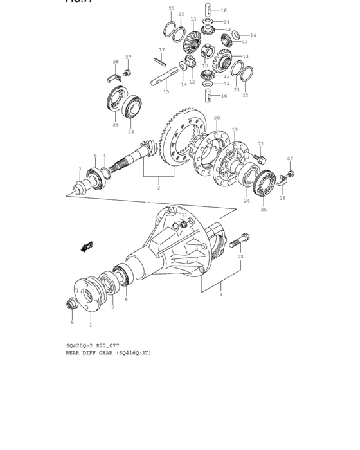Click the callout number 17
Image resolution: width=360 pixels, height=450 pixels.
pos(162,50)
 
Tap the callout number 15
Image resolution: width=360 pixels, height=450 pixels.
pos(166,92)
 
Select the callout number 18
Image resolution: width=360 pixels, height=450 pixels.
pos(205,66)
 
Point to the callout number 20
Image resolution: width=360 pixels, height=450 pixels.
pos(217,118)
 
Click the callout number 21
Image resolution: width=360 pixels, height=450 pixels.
pos(261,144)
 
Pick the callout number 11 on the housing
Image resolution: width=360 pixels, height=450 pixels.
pos(184,215)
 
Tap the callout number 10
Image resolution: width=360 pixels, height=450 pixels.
pos(240,256)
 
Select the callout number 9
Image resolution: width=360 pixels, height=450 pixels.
pos(221,294)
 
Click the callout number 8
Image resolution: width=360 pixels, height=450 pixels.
pos(72,321)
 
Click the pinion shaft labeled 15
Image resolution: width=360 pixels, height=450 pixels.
pos(163,80)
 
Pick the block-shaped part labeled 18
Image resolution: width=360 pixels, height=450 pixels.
pos(208,51)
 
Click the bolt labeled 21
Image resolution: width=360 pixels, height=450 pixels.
pos(261,157)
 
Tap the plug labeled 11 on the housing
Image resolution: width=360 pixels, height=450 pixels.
pos(183,224)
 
